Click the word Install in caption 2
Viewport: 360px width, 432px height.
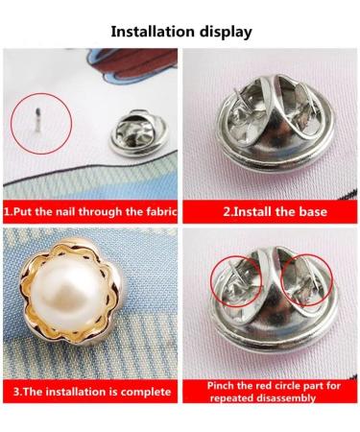[254, 209]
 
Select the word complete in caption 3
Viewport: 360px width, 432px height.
[144, 393]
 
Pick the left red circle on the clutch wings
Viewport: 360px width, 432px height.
[234, 272]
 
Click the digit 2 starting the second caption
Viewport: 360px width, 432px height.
[228, 209]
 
